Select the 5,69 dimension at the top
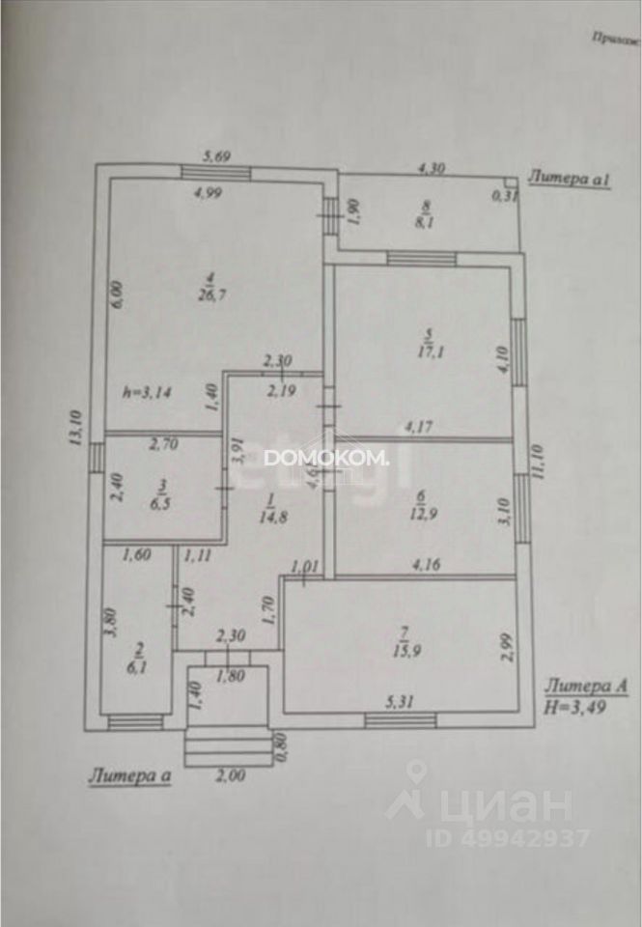[x=216, y=154]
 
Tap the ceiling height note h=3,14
[x=148, y=392]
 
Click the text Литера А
[x=586, y=687]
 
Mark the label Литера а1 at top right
[x=570, y=179]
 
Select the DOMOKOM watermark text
[x=326, y=459]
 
